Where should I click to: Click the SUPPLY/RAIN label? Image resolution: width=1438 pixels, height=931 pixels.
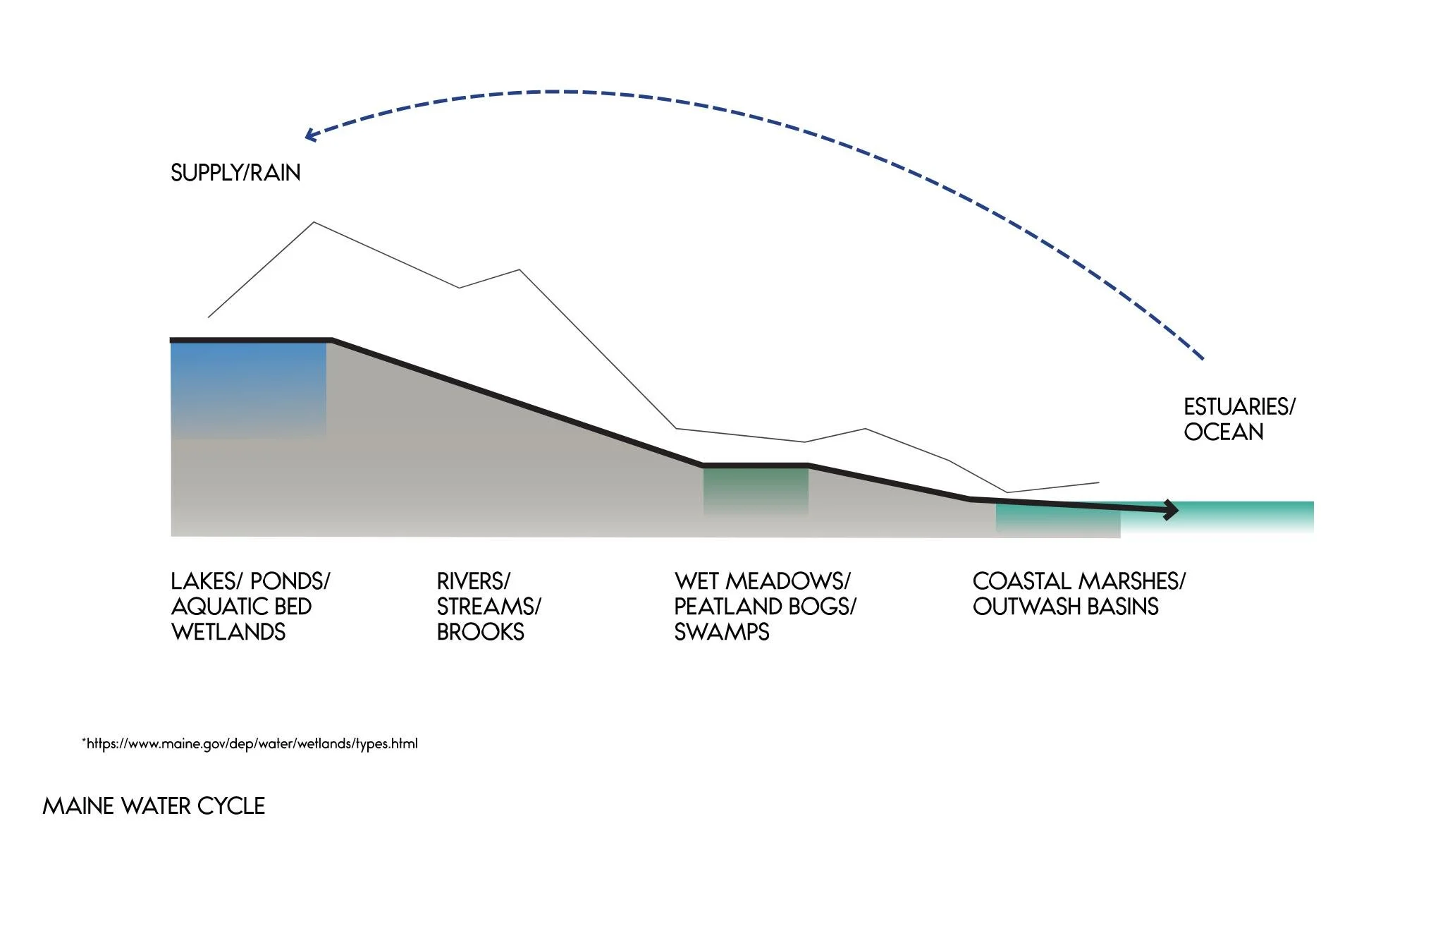(x=235, y=173)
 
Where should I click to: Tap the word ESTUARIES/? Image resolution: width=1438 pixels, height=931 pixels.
(x=1240, y=407)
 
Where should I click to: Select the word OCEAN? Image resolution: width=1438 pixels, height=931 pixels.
(x=1224, y=432)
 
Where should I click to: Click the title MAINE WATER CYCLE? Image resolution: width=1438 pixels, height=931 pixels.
(x=154, y=806)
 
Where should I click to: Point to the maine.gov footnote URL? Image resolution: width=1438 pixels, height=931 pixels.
(x=250, y=743)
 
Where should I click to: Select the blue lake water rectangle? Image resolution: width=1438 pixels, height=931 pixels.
(x=249, y=390)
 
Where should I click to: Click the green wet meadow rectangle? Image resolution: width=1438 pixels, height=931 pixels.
(x=756, y=490)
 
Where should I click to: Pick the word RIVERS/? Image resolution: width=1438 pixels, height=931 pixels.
(x=473, y=581)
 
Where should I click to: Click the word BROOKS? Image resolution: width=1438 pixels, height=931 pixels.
(x=481, y=632)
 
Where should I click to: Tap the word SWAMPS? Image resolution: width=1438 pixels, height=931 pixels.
(x=722, y=632)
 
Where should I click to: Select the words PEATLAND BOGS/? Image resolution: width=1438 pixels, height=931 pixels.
(x=765, y=607)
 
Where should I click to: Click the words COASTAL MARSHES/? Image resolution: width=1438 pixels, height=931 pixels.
(x=1079, y=581)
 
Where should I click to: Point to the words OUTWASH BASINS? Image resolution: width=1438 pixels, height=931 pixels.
(x=1066, y=607)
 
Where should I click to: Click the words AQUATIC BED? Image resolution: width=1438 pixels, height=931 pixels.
(x=241, y=607)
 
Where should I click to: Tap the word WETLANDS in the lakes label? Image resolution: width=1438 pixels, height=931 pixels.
(x=228, y=632)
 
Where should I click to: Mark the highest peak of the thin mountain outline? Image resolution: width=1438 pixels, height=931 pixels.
(x=314, y=223)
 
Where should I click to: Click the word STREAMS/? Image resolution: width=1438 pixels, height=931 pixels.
(x=488, y=607)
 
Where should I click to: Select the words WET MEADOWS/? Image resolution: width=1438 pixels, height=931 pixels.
(x=763, y=581)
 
